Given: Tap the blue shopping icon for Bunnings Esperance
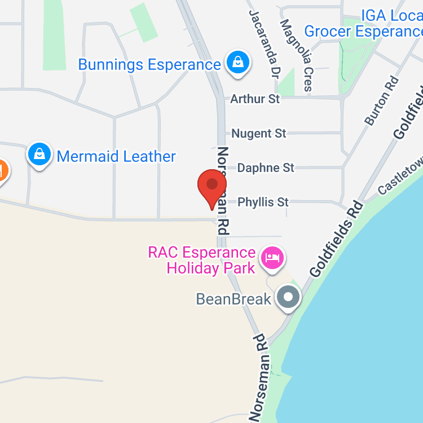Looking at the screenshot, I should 238,63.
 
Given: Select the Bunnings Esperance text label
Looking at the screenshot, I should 149,64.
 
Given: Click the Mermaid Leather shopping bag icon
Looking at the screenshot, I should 39,155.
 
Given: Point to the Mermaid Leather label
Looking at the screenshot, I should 116,156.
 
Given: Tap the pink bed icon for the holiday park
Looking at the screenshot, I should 272,258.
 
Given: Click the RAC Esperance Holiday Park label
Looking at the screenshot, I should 202,260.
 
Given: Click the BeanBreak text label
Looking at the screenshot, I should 233,298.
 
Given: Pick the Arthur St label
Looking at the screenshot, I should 255,99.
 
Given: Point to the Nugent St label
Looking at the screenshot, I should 259,133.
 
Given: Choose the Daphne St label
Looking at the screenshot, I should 266,168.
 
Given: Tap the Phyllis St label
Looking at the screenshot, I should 263,201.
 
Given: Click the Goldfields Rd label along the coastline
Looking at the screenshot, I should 336,238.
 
